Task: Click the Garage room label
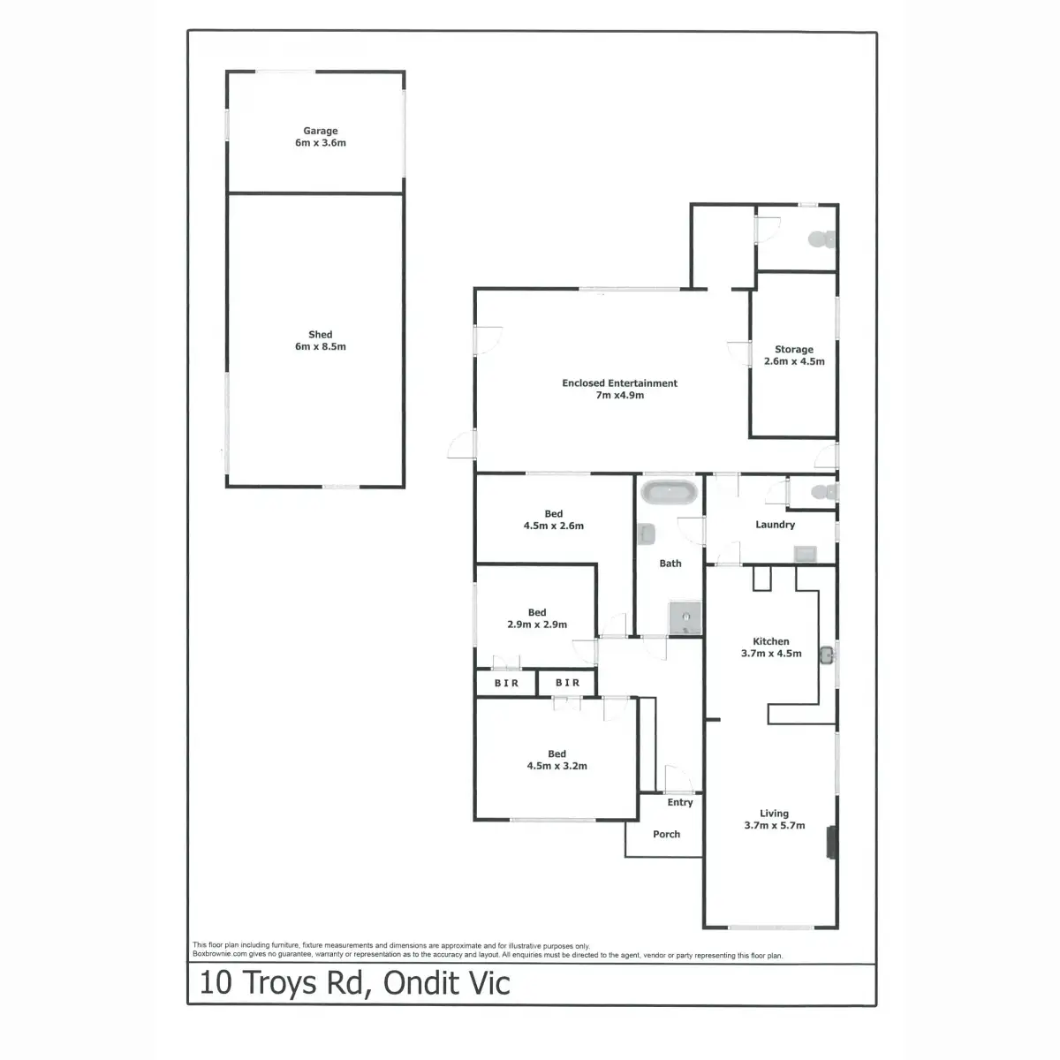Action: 321,137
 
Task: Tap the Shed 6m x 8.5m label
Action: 321,341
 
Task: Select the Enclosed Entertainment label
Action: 619,390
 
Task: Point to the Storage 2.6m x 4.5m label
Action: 794,355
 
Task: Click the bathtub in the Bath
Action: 669,493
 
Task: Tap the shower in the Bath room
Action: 685,618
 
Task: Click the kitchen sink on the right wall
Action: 827,655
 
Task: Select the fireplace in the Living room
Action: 830,842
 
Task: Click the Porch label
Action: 667,834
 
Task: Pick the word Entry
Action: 680,802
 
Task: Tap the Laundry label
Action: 775,525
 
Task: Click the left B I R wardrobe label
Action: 506,683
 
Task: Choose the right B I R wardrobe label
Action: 568,683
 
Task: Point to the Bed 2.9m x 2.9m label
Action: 537,618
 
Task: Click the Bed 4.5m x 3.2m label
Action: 556,760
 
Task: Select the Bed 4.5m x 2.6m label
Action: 554,519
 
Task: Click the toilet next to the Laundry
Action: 822,492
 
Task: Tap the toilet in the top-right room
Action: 821,238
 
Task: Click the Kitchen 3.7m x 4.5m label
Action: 771,647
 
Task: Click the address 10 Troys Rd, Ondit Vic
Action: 355,983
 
